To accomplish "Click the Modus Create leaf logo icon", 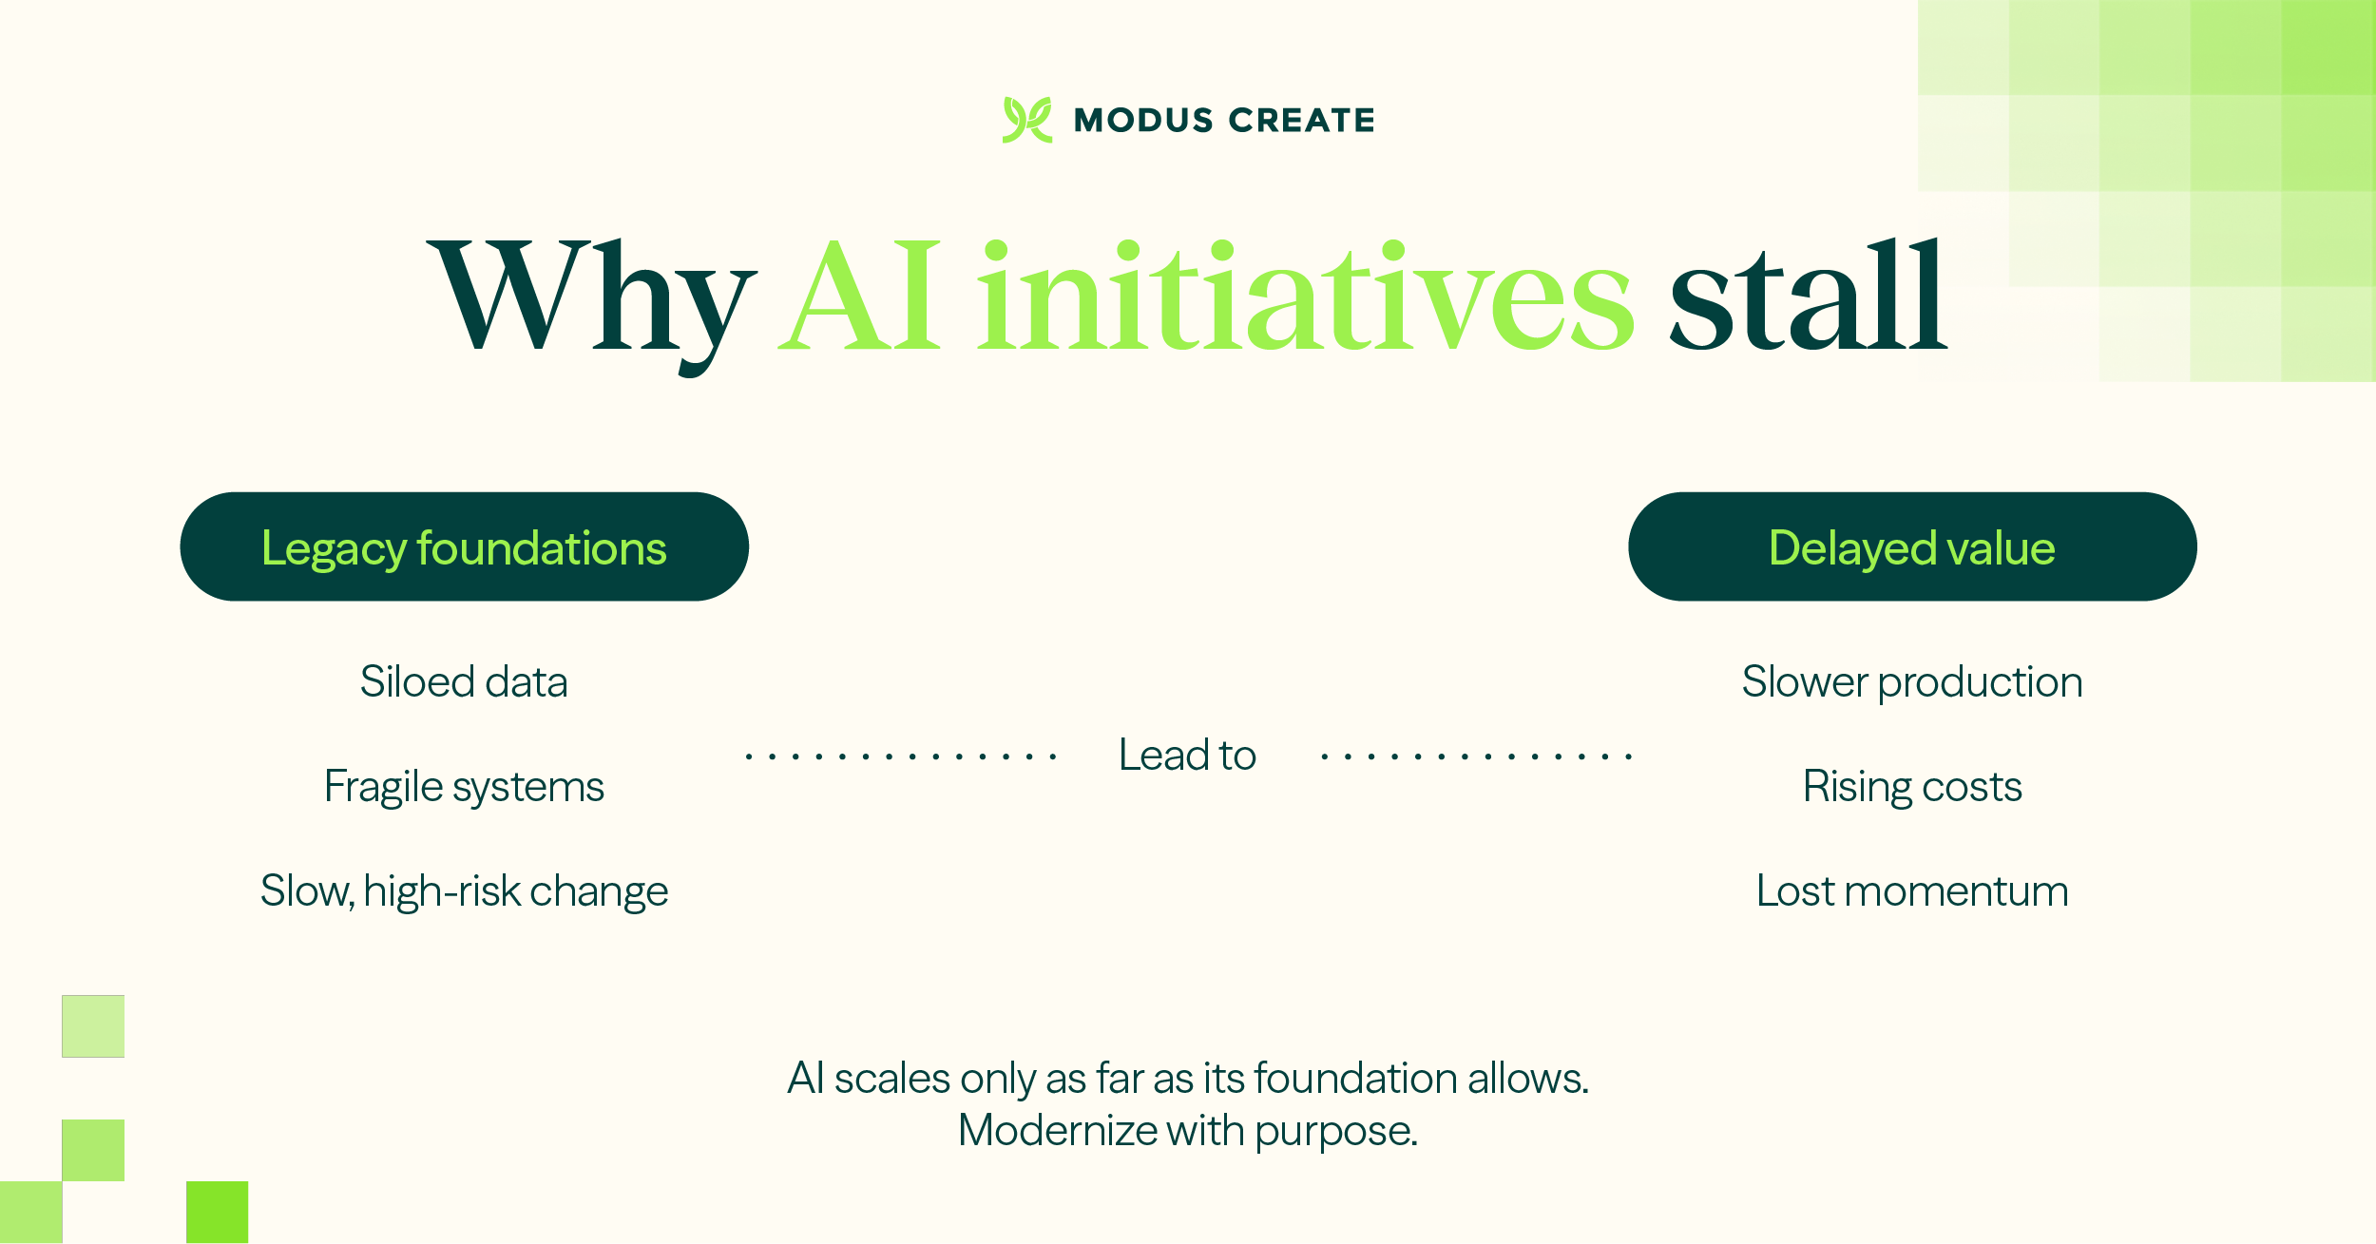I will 1026,120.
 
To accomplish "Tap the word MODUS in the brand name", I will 1143,121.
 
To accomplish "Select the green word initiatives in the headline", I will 1305,297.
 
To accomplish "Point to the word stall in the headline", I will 1807,297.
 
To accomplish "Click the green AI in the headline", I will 861,297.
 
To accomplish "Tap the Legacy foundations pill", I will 464,546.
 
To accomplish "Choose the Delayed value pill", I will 1911,546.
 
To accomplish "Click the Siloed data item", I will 464,682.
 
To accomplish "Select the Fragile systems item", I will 464,787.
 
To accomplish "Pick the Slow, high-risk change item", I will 464,891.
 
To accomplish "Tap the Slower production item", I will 1911,682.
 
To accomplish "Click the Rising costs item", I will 1911,787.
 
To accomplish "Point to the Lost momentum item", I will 1911,891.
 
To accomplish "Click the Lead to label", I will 1187,756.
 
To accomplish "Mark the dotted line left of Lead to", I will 901,756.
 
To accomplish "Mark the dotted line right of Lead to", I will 1476,756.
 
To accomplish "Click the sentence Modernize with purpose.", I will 1187,1131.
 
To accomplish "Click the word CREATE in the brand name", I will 1301,121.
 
